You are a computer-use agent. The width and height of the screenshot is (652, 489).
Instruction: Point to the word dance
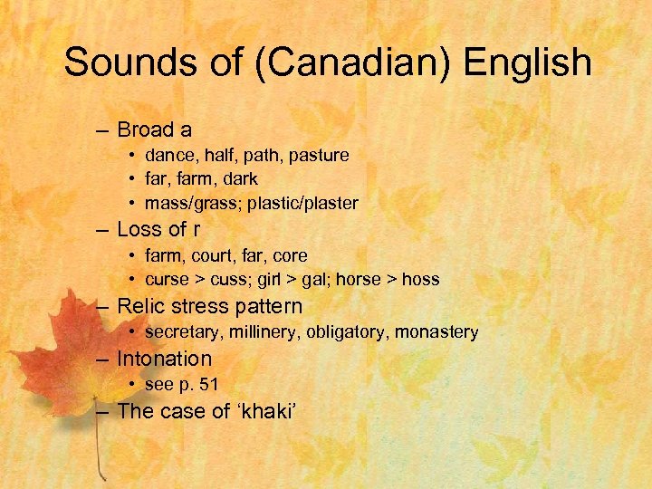point(169,156)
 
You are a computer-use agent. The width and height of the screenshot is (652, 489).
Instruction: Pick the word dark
point(239,179)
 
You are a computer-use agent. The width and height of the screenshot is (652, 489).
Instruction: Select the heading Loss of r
point(158,230)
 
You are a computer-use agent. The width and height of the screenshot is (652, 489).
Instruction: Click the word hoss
point(421,280)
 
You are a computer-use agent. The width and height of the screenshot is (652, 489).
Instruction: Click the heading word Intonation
point(164,360)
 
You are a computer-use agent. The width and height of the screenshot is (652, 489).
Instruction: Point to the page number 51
point(209,385)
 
